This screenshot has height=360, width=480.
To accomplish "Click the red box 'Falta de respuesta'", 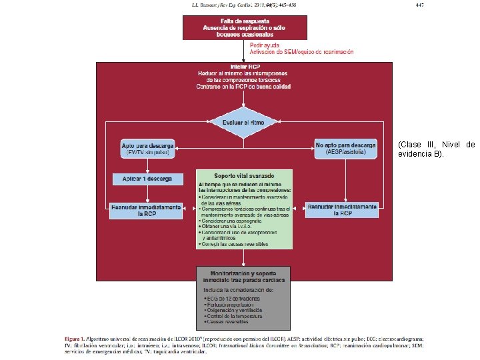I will (245, 27).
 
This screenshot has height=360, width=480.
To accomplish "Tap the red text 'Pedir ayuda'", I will (265, 45).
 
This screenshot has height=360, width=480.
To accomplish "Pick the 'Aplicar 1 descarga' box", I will (147, 179).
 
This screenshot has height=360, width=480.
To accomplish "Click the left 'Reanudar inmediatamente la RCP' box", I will (147, 210).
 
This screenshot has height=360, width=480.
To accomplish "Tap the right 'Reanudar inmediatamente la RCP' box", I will (342, 210).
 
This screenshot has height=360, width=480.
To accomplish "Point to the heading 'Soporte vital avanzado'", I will (245, 175).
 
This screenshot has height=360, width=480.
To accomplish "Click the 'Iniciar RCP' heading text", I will (245, 67).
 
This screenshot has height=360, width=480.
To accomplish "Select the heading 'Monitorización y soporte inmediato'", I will (244, 277).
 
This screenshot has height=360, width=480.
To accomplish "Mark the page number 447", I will (419, 5).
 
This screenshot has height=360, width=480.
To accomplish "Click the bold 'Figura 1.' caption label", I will (74, 339).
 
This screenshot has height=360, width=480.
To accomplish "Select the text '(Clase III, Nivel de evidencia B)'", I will (436, 149).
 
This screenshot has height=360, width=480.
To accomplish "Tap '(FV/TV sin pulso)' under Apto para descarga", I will (147, 153).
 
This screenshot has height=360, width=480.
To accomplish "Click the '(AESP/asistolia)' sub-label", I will (346, 153).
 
